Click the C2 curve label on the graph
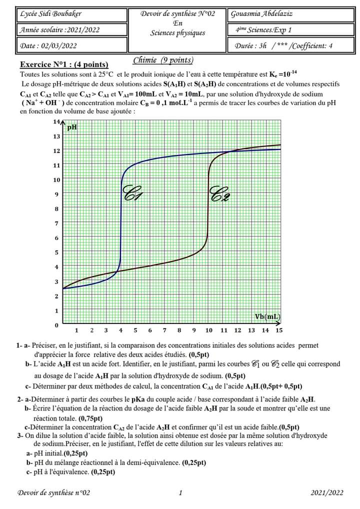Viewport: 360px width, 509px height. coord(220,193)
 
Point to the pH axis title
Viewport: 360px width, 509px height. coord(72,127)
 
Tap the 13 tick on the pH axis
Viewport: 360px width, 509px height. coord(56,136)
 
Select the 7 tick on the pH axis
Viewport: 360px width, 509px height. coord(56,223)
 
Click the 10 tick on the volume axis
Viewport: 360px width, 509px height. coord(208,330)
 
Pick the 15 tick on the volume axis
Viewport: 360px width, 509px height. coord(278,330)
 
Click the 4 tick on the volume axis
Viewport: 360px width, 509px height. coord(120,330)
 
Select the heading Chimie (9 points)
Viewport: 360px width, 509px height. coord(163,60)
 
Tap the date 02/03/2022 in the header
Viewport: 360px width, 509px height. coord(48,46)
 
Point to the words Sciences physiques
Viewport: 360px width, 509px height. coord(177,33)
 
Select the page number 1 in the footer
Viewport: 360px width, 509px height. coord(180,493)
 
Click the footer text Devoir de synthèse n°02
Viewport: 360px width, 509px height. coord(54,493)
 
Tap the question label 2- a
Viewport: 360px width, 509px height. coord(23,399)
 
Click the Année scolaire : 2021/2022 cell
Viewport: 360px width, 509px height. coord(59,30)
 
